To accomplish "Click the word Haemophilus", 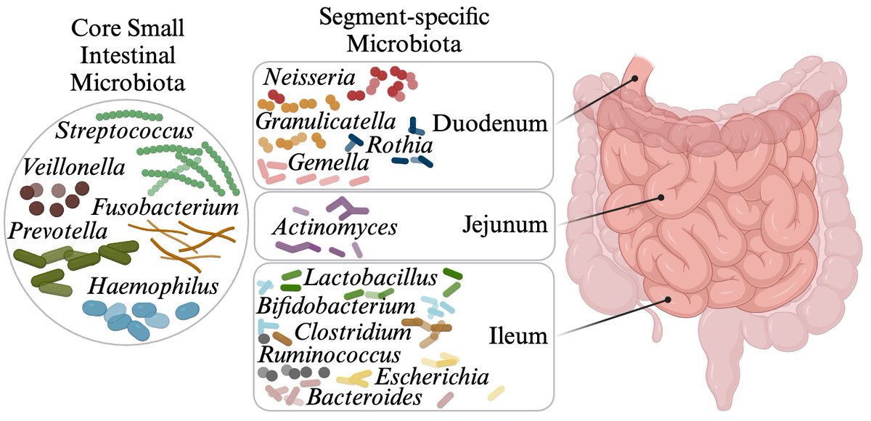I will pos(139,286).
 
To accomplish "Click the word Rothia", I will pos(400,145).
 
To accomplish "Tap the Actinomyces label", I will pos(335,227).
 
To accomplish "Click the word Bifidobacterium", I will pos(335,305).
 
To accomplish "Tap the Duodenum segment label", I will pos(489,123).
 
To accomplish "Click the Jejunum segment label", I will pos(503,225).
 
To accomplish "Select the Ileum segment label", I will pos(517,336).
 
